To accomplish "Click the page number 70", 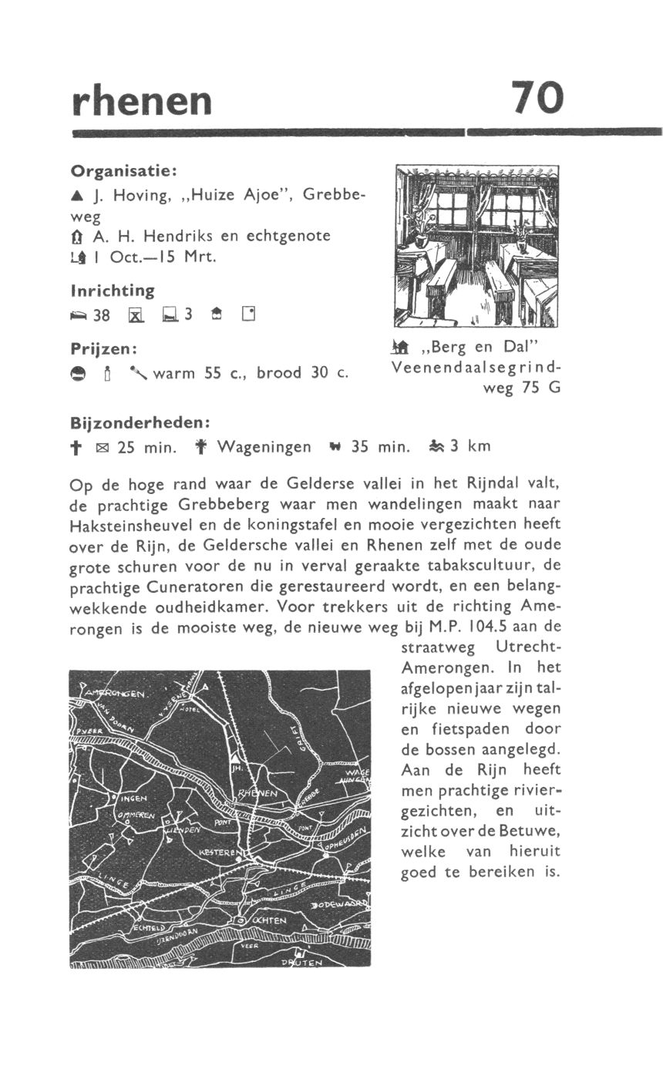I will pos(537,98).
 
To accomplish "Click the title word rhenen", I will pos(141,100).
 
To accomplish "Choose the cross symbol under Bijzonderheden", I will pos(76,447).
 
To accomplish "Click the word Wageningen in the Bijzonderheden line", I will pos(264,447).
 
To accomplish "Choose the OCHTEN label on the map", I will pos(268,920).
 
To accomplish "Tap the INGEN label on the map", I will pos(133,798).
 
